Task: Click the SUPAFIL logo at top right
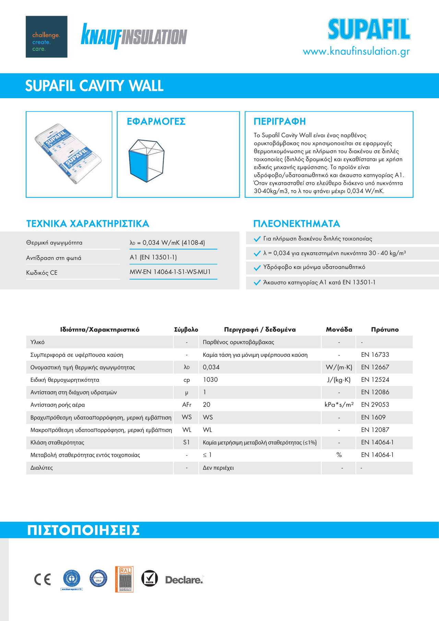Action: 369,30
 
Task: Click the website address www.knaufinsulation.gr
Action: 356,51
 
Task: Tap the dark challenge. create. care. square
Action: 46,37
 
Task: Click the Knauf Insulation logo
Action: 134,36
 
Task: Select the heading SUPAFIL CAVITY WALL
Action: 94,86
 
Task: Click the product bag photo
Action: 69,154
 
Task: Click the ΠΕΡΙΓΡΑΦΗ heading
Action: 280,121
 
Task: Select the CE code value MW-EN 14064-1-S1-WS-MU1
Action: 170,272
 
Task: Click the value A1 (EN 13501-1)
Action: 153,257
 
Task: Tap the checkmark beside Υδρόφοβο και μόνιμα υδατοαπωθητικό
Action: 257,268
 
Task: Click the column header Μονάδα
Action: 339,330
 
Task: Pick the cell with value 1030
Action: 210,380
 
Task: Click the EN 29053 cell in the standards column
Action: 375,405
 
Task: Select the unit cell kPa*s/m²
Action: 339,405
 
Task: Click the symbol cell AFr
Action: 187,405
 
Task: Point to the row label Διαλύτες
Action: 41,468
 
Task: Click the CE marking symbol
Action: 43,579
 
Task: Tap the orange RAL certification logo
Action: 124,579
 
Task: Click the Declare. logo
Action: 184,580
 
